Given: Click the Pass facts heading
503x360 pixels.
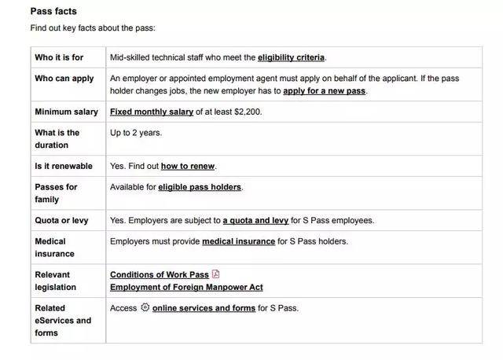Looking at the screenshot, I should pyautogui.click(x=53, y=12).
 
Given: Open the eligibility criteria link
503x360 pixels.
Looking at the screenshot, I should pyautogui.click(x=291, y=57).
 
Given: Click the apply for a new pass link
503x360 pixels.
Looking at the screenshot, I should pyautogui.click(x=325, y=91).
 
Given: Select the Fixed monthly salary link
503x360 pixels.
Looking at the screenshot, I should pyautogui.click(x=152, y=112).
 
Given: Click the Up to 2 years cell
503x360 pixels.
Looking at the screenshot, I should pyautogui.click(x=136, y=133).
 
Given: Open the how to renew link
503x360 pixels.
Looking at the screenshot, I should pyautogui.click(x=188, y=167).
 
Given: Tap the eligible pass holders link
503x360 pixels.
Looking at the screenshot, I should pyautogui.click(x=200, y=187).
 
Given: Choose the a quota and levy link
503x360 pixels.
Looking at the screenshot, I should pyautogui.click(x=255, y=221).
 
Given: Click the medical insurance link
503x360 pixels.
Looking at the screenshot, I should pyautogui.click(x=238, y=241).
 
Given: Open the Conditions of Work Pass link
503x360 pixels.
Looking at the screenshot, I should pyautogui.click(x=160, y=274).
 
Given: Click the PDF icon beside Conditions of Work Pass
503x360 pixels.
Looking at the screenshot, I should pyautogui.click(x=216, y=274).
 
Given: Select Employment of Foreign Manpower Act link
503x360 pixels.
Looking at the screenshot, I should pyautogui.click(x=186, y=288).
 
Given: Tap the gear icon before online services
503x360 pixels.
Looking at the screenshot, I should pyautogui.click(x=145, y=308).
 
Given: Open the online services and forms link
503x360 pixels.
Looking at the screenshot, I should pyautogui.click(x=204, y=308).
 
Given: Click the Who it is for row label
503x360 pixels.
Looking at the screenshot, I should pyautogui.click(x=59, y=57).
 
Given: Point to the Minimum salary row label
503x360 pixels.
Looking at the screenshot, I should pyautogui.click(x=66, y=112).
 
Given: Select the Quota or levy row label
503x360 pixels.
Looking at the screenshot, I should pyautogui.click(x=61, y=221).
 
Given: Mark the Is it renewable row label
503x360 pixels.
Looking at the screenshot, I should pyautogui.click(x=64, y=167).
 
